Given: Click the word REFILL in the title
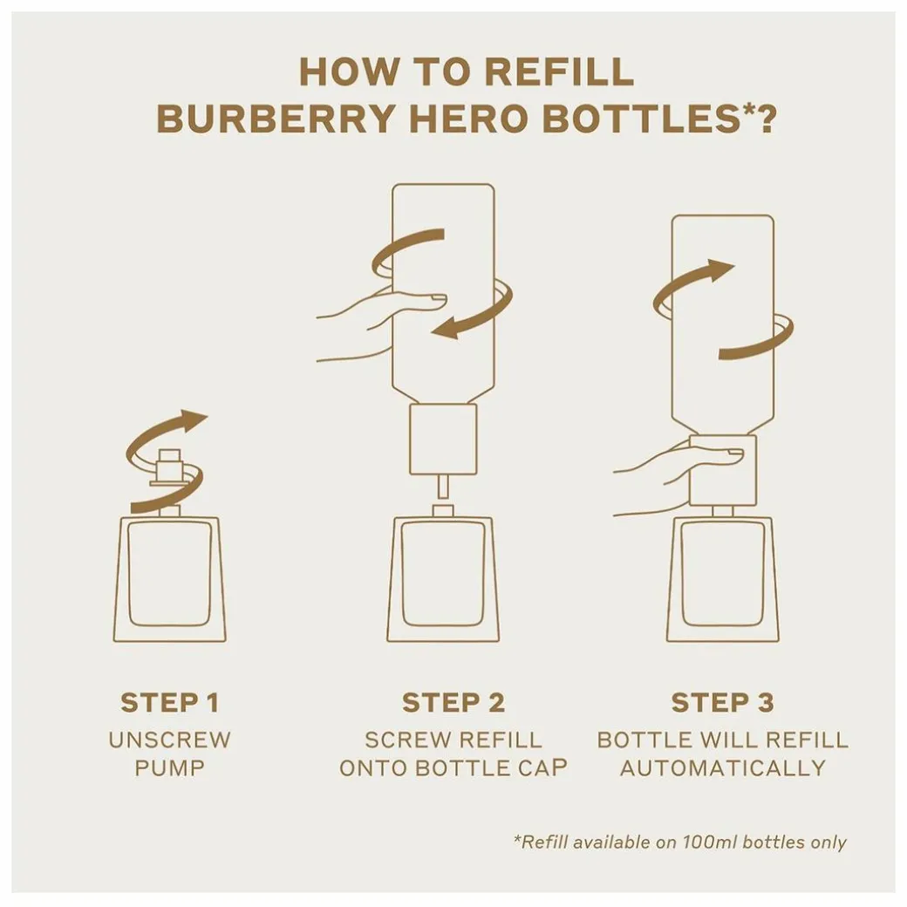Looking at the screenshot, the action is click(559, 72).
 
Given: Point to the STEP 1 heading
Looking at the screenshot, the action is click(169, 703).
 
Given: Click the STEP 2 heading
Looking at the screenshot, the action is click(453, 703).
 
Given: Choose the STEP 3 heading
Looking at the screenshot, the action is click(722, 703).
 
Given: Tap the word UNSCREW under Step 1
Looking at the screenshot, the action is click(169, 740).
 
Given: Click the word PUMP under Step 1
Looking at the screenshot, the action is click(169, 768).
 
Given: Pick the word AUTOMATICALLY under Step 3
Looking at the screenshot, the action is click(722, 768).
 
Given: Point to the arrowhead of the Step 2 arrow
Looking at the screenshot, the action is click(447, 330).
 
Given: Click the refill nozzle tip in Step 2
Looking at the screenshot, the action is click(443, 486).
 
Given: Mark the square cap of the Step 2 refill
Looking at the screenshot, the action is click(443, 439).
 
